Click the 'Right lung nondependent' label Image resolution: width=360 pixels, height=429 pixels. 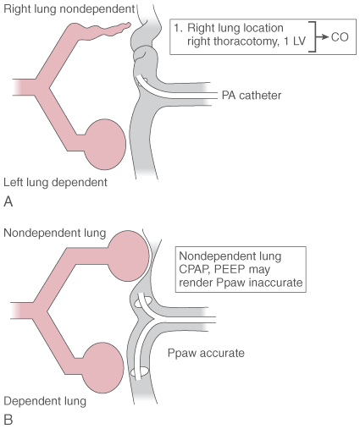point(69,9)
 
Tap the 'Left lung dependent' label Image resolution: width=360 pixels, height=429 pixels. point(55,183)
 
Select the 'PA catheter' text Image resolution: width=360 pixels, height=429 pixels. point(252,96)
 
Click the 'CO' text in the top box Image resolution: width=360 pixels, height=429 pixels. point(340,37)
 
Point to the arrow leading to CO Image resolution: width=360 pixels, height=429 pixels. point(323,36)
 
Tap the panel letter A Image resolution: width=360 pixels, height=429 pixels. point(8,202)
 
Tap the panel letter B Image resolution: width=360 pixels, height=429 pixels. point(8,420)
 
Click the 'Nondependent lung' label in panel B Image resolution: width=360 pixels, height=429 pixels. point(55,234)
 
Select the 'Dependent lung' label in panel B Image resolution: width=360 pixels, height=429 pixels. point(45,401)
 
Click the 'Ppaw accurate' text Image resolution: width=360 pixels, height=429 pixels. point(206,353)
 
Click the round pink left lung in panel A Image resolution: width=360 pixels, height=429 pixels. point(105,145)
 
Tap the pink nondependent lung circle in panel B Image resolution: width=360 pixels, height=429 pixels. point(129,256)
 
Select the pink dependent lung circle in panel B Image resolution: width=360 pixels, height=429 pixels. point(103,367)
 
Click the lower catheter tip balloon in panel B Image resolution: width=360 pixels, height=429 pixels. point(139,371)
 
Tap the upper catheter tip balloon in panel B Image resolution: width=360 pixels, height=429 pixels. point(142,302)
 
